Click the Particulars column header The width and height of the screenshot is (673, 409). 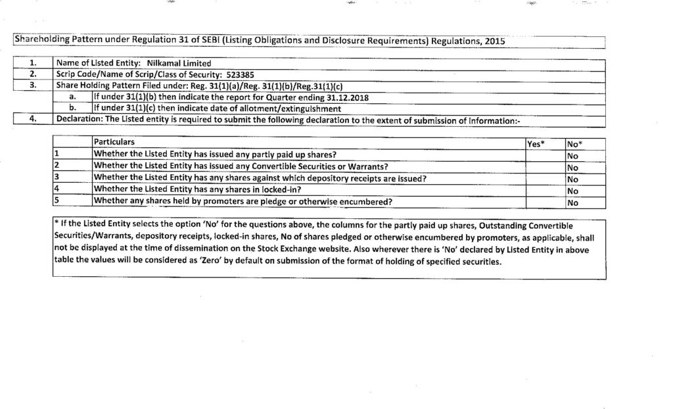point(114,142)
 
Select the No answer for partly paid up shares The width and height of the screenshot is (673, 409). point(572,155)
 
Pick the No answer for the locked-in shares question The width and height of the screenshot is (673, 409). point(572,191)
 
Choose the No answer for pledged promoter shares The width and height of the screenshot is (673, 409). point(572,203)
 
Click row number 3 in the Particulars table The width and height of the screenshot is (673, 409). point(57,178)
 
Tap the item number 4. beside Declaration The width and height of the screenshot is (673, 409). point(33,118)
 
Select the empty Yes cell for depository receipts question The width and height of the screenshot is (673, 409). point(544,178)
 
